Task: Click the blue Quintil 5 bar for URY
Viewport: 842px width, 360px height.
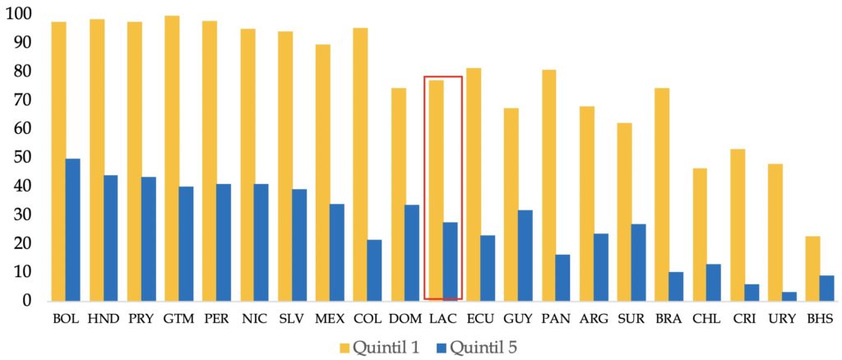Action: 789,296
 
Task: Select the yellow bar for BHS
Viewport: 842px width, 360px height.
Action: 812,268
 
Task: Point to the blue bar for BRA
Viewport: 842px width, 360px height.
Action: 676,286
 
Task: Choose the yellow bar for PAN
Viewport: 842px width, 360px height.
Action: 548,185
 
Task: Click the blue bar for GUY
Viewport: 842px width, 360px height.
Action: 525,255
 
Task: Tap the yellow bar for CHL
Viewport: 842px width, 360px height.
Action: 700,234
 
